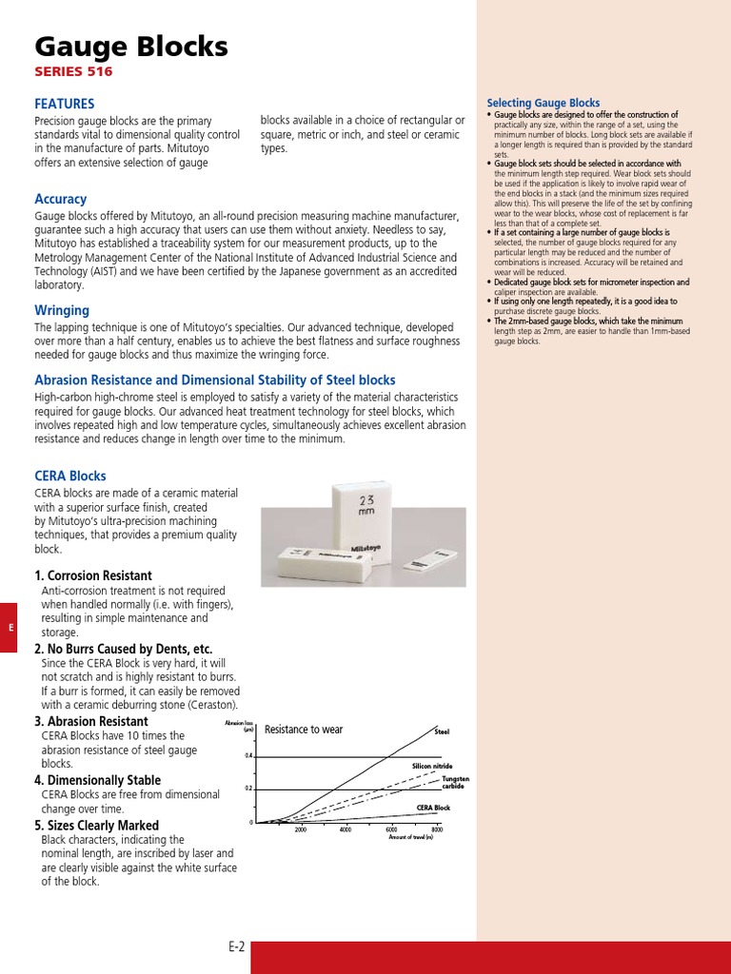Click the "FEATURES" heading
tap(65, 103)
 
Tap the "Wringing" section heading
tap(62, 310)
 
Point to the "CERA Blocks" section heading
tap(70, 476)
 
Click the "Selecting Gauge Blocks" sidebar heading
tap(543, 103)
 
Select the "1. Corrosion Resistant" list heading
tap(93, 575)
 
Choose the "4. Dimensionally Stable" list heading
tap(98, 780)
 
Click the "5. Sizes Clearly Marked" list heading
tap(97, 826)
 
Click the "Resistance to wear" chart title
tap(304, 730)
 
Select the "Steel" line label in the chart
tap(442, 731)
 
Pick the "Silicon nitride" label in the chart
tap(432, 766)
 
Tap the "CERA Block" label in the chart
tap(433, 808)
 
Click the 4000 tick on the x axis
tap(345, 830)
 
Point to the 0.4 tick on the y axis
tap(249, 756)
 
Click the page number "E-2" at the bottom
tap(236, 946)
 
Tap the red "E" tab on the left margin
tap(9, 627)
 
